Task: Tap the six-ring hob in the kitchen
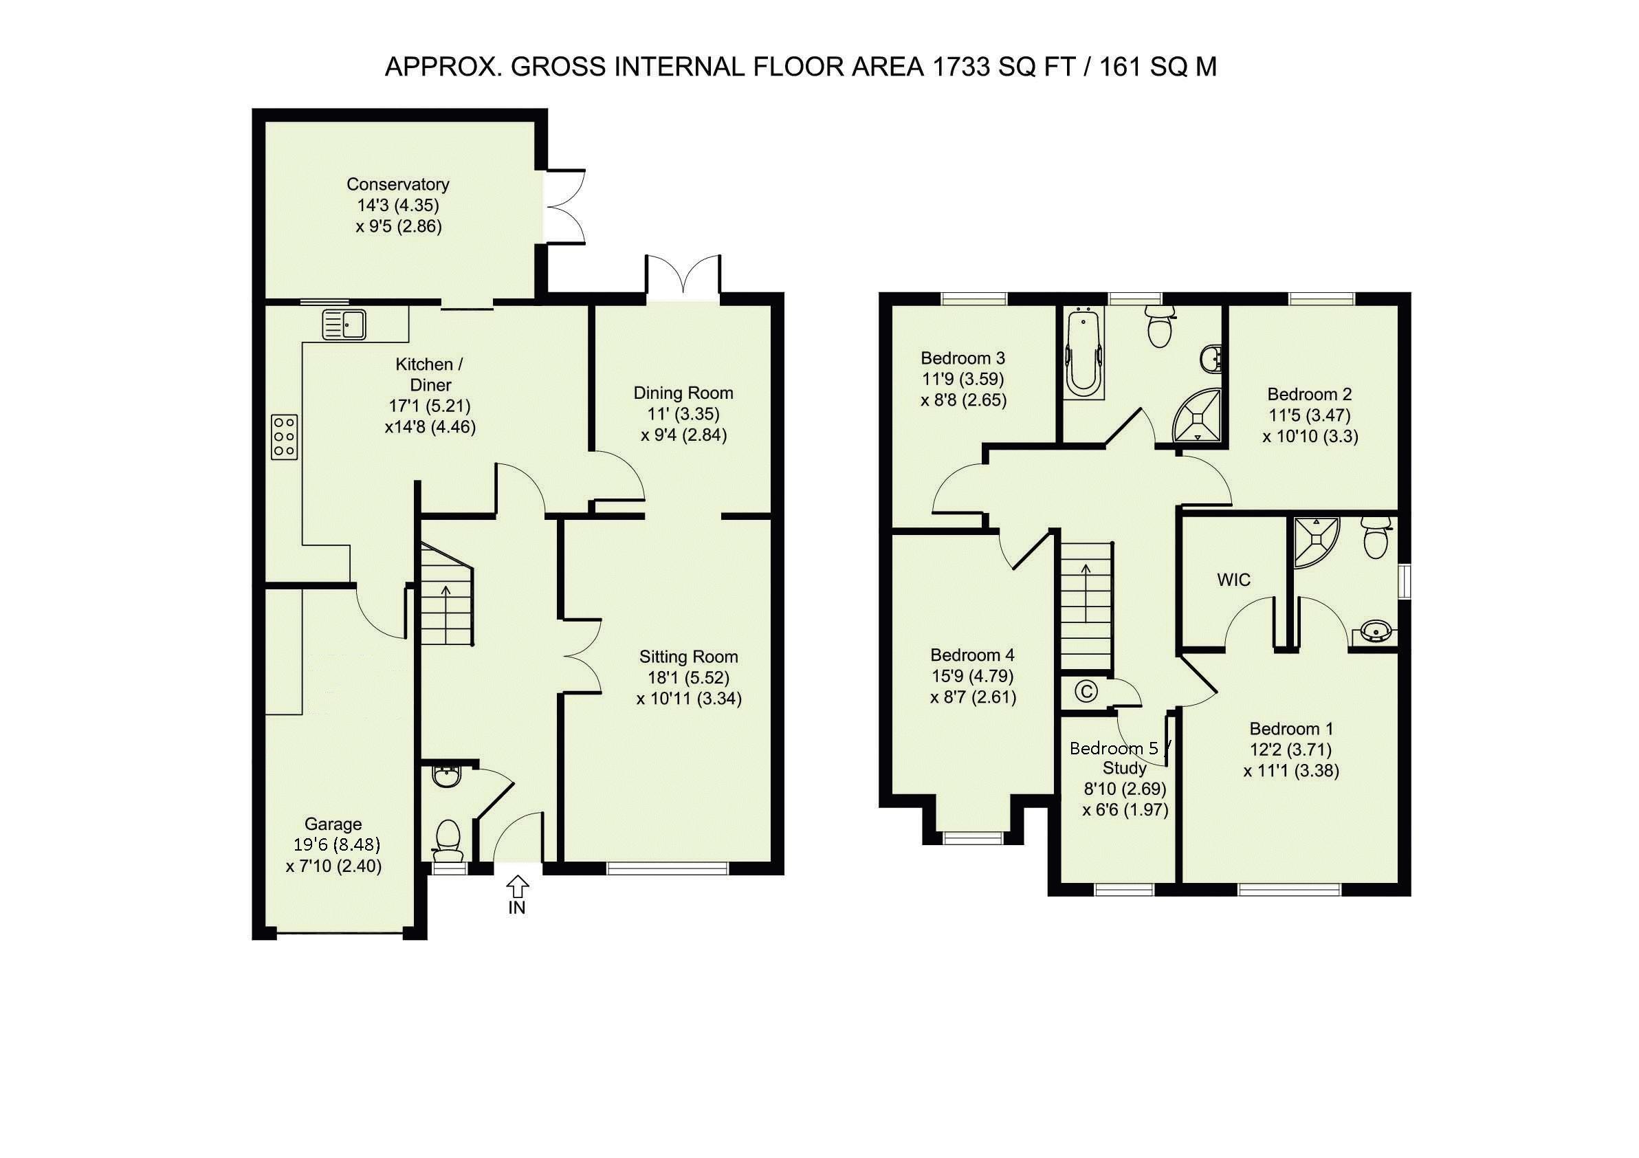pos(284,436)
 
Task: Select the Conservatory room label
pos(397,184)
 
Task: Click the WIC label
pos(1233,580)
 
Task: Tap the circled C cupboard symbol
pos(1086,691)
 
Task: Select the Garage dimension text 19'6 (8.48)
pos(337,844)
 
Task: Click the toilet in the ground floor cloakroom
pos(448,842)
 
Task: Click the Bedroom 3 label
pos(963,358)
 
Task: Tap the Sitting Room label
pos(688,657)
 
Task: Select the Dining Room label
pos(683,393)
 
